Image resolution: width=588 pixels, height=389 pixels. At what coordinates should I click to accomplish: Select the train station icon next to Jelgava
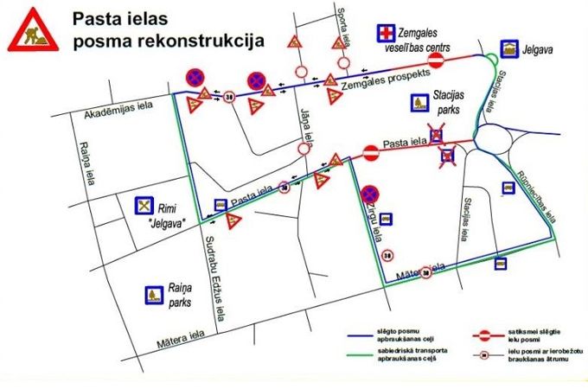[511, 49]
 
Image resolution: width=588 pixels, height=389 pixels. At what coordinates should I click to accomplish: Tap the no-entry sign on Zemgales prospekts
[437, 62]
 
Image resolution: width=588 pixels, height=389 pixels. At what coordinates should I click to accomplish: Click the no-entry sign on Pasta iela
[371, 153]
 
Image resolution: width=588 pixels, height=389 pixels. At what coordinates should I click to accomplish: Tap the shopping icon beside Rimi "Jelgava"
[144, 207]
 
